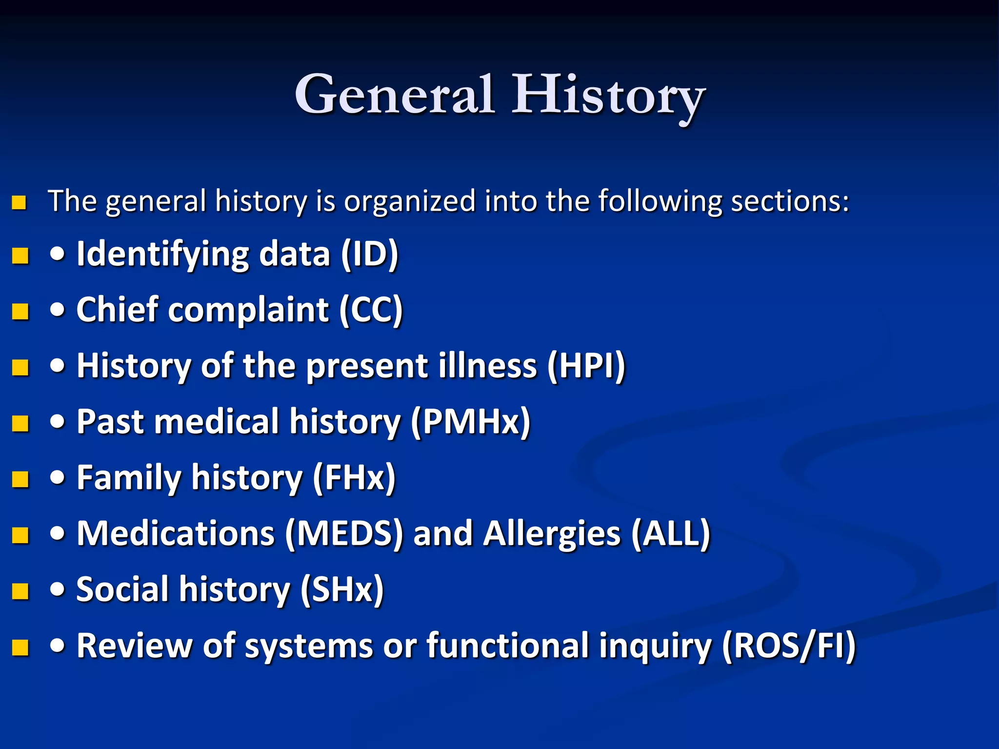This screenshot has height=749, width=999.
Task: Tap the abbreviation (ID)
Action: coord(370,254)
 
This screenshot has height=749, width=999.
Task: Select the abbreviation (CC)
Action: coord(371,310)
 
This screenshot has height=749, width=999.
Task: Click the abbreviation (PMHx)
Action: coord(470,422)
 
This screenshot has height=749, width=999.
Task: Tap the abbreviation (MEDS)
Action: coord(344,533)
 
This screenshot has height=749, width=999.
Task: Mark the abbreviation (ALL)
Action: coord(671,533)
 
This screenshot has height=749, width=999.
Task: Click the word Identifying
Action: coord(163,254)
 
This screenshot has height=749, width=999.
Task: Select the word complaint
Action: coord(249,310)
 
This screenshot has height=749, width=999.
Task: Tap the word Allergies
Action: coord(552,533)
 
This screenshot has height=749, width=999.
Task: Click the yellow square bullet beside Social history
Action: coord(20,591)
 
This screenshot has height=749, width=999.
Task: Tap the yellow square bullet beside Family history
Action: coord(20,479)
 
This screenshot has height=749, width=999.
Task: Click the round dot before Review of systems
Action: coord(58,646)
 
